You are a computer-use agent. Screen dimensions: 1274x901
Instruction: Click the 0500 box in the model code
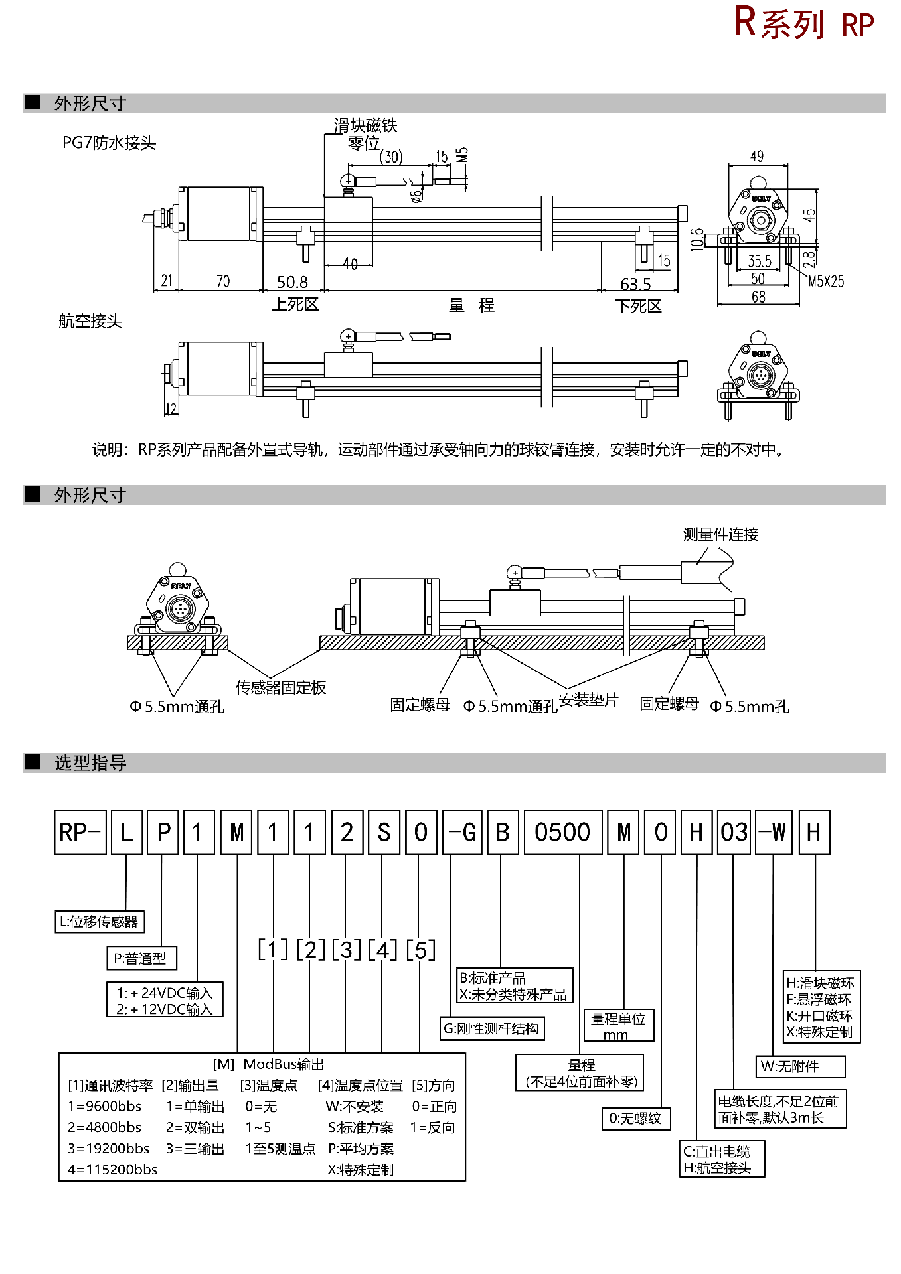pos(562,832)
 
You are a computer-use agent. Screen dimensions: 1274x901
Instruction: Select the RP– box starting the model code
pos(80,832)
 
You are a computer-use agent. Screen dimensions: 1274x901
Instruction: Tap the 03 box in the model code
pos(734,832)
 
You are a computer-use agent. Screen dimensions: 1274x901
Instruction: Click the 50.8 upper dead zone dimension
pos(292,283)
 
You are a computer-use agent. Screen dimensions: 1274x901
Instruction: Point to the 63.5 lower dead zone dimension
pos(635,284)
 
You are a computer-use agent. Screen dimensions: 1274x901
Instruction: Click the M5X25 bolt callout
pos(826,281)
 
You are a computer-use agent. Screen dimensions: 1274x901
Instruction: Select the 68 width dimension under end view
pos(758,297)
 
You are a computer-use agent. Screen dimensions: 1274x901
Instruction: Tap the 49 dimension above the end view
pos(757,157)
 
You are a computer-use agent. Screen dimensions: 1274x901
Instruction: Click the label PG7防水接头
pos(109,143)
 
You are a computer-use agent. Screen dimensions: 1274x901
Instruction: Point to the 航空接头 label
pos(90,321)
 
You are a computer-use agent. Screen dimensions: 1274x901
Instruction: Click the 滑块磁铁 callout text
pos(365,125)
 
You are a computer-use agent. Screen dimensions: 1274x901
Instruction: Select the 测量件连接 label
pos(720,535)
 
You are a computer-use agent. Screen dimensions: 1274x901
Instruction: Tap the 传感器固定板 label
pos(281,687)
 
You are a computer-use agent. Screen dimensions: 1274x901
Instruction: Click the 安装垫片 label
pos(588,699)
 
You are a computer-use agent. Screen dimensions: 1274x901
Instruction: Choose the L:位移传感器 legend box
pos(99,922)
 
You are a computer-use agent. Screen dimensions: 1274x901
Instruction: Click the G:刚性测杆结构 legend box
pos(491,1028)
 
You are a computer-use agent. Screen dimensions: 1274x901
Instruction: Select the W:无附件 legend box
pos(799,1066)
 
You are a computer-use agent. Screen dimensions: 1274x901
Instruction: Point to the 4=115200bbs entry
pos(112,1169)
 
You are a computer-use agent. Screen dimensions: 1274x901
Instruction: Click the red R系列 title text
pos(779,23)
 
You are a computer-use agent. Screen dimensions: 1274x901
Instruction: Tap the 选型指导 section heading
pos(90,763)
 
